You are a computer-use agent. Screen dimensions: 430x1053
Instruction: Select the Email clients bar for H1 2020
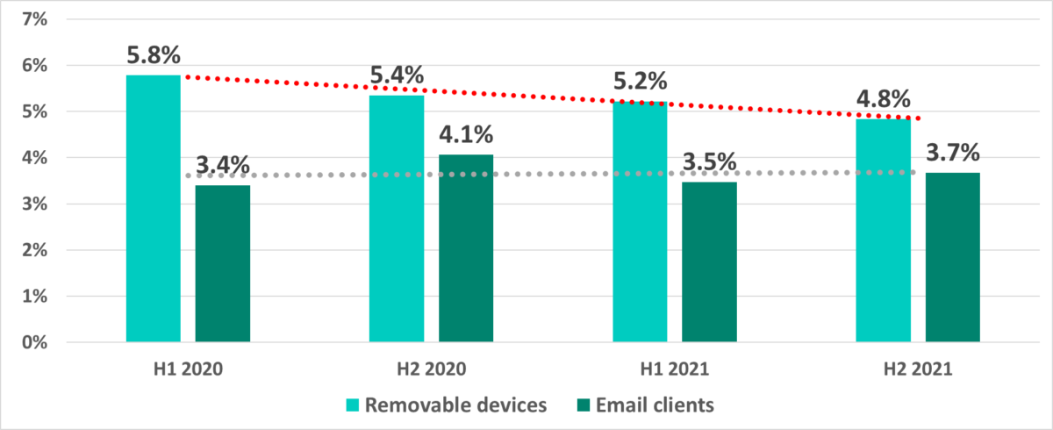click(223, 263)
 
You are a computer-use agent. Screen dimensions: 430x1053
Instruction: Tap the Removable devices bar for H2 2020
click(397, 219)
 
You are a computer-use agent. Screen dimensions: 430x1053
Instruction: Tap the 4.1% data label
click(466, 135)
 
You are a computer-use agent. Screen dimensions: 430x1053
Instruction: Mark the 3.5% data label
click(709, 163)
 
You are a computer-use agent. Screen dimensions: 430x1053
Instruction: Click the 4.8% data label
click(883, 98)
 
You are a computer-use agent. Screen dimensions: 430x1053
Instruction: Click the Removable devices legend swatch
click(353, 405)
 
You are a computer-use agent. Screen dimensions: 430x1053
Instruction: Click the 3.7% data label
click(953, 154)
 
